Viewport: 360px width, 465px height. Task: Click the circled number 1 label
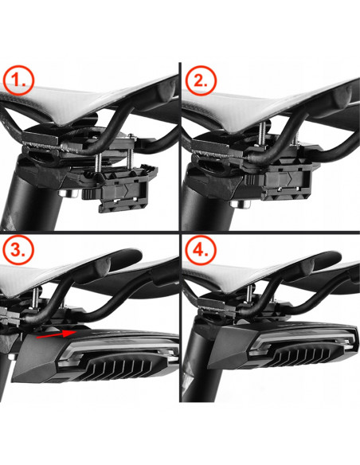pyautogui.click(x=18, y=80)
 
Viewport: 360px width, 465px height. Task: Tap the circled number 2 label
pyautogui.click(x=201, y=80)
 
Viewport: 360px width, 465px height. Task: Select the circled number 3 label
pyautogui.click(x=18, y=249)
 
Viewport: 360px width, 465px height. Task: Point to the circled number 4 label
pyautogui.click(x=201, y=250)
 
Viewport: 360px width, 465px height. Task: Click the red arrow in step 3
pyautogui.click(x=57, y=334)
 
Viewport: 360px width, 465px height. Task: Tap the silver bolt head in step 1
pyautogui.click(x=68, y=194)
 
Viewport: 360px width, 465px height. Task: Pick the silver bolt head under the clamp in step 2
pyautogui.click(x=241, y=204)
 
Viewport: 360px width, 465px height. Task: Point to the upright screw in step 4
pyautogui.click(x=250, y=293)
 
